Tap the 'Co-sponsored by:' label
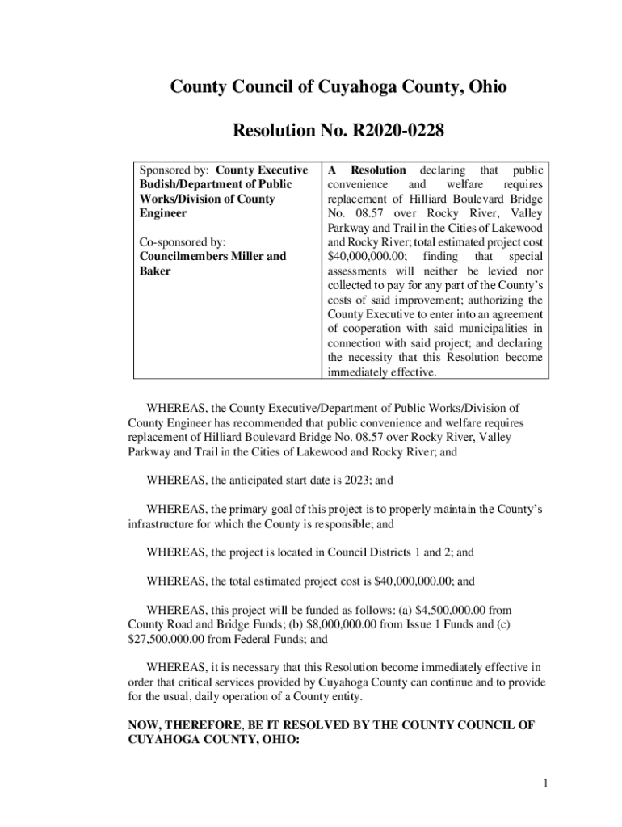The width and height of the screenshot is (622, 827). tap(183, 241)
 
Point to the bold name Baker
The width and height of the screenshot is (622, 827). tap(156, 271)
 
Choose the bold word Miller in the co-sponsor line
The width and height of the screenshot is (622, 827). tap(242, 256)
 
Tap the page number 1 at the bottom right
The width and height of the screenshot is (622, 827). tap(546, 783)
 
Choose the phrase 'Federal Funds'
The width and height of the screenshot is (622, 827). tap(271, 639)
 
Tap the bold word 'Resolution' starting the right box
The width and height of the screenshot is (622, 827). tap(377, 170)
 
